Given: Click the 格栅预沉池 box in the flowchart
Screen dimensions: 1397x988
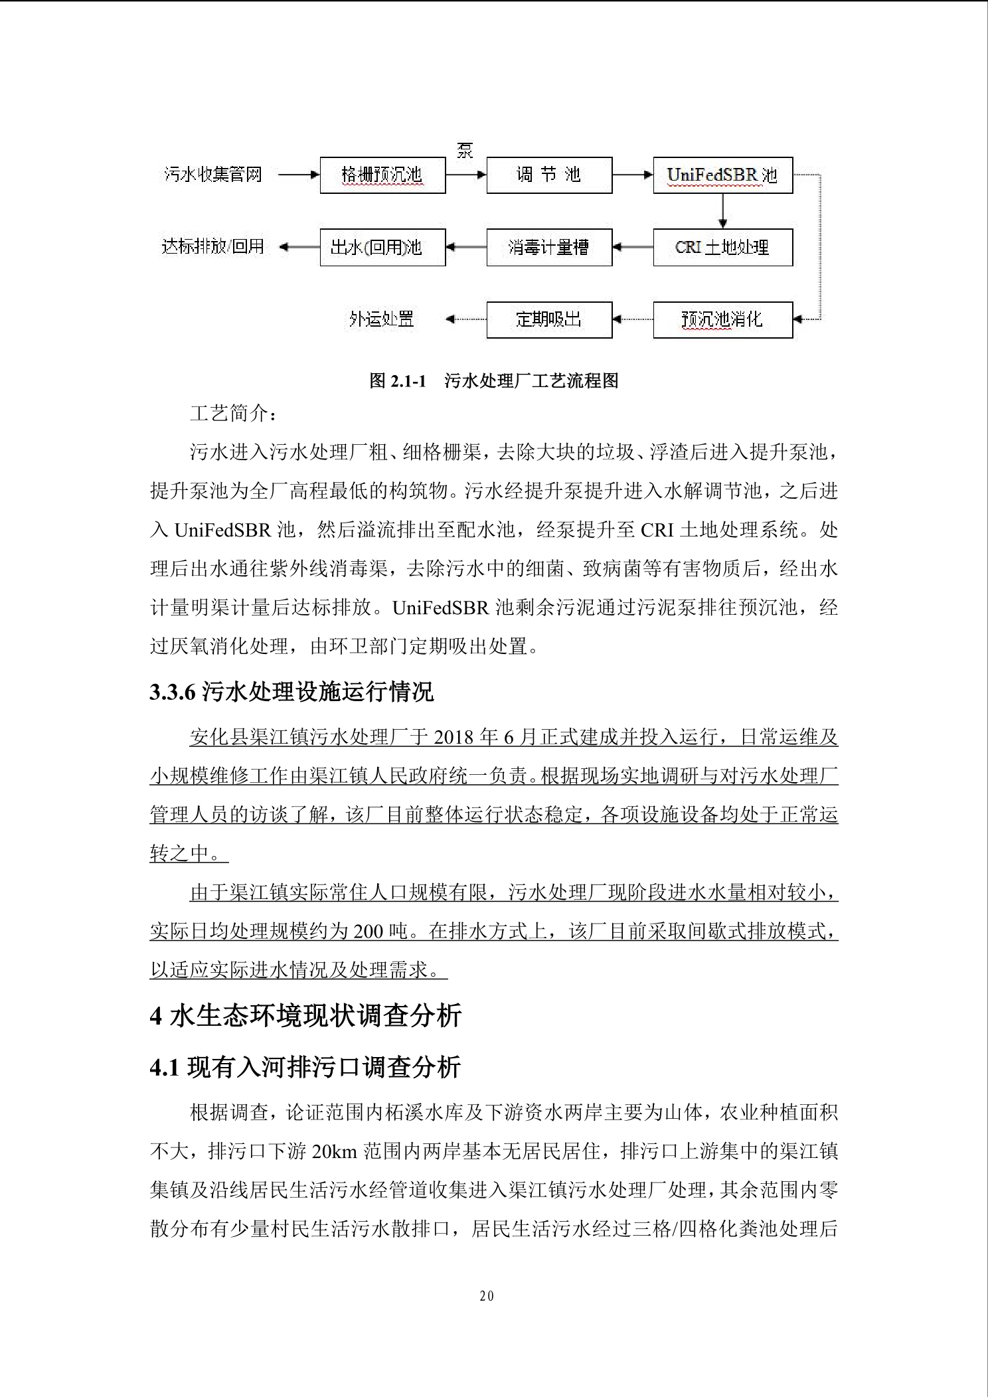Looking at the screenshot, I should pos(382,175).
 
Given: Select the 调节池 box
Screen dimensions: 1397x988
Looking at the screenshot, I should pos(549,175).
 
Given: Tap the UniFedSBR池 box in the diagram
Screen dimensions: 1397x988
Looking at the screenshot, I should pos(722,175).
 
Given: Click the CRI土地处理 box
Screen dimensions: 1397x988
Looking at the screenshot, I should pos(722,248).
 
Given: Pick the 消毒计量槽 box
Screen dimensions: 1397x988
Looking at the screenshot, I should pos(549,248).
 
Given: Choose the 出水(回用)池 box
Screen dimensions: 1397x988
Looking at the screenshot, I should pos(382,248).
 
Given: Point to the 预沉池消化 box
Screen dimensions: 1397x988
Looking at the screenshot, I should pos(722,319).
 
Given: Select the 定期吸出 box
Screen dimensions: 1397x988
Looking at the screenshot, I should pos(549,319).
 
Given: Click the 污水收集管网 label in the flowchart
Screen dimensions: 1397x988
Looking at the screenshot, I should pos(213,175).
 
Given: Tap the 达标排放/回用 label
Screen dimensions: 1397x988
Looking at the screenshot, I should pos(213,247).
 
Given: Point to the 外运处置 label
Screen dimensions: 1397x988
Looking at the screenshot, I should pos(382,319).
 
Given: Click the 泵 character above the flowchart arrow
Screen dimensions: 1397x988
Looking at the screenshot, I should pos(465,150).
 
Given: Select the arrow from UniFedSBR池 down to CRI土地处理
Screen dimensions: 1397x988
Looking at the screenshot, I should pos(722,211).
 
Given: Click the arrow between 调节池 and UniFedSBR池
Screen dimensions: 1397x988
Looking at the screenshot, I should pos(632,175).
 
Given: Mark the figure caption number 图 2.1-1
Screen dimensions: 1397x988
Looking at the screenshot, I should pos(397,380).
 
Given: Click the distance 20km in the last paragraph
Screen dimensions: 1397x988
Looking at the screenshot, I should pos(335,1151).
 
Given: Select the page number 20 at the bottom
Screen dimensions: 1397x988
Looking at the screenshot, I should pos(487,1296).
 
